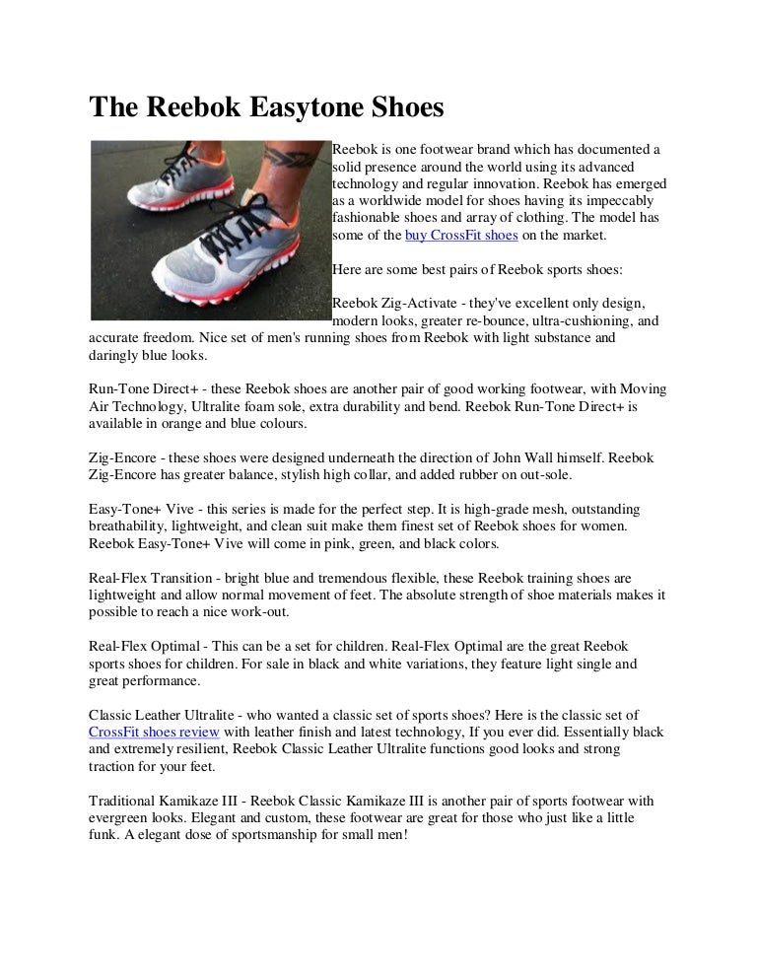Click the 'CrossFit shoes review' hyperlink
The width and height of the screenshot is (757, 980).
[x=155, y=732]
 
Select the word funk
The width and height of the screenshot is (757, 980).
[x=103, y=833]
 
